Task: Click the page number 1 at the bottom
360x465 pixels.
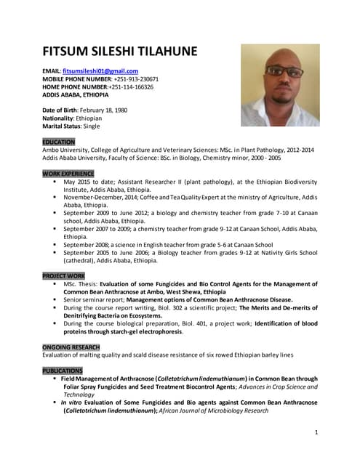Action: pos(317,432)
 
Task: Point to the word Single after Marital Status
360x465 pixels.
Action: pos(89,126)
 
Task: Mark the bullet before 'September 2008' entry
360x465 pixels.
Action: pos(55,245)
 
